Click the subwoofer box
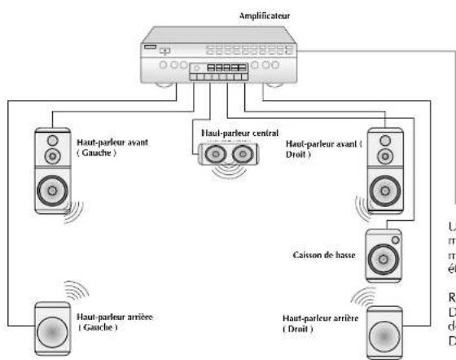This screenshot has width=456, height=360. coord(383,252)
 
